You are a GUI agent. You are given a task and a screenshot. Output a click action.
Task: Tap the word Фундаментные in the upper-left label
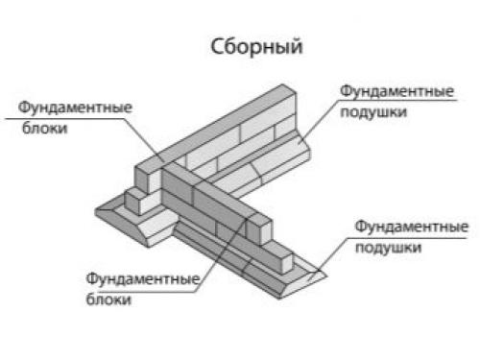(59, 107)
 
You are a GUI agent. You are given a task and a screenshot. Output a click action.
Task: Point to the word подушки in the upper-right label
(369, 111)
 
